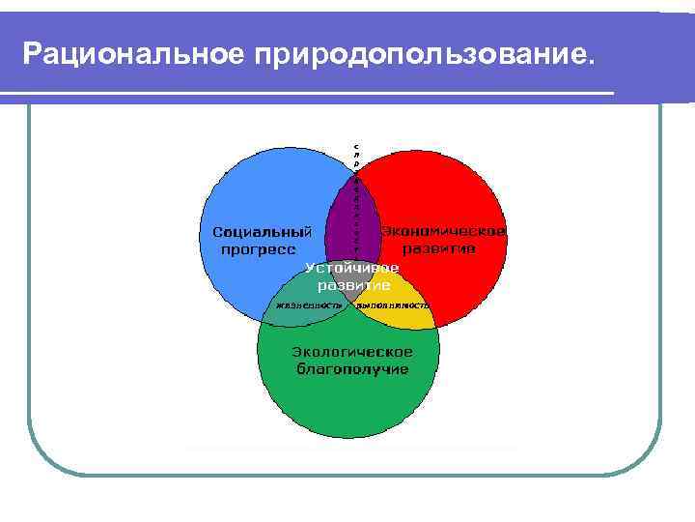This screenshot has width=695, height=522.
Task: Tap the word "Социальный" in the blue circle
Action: [262, 232]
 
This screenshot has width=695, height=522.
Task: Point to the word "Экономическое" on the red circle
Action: [444, 232]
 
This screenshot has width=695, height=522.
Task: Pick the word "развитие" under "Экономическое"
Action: [439, 248]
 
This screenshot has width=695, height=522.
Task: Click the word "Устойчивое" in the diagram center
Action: [352, 268]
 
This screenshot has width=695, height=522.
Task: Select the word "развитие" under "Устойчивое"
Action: [354, 285]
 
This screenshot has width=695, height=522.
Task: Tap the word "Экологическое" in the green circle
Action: [352, 351]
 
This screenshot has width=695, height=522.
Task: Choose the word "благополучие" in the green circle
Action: [352, 369]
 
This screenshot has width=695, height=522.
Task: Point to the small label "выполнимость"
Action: [392, 305]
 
